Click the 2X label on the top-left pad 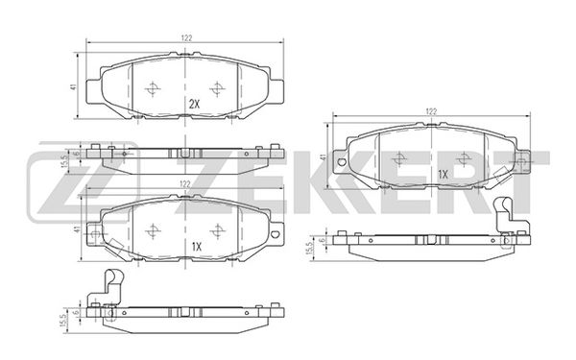194,105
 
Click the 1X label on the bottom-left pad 197,247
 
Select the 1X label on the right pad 444,175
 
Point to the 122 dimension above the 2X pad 186,38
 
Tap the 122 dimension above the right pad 431,111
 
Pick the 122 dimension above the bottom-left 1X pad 185,184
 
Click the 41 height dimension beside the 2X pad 74,87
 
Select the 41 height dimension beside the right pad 323,157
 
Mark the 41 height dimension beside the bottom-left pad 77,229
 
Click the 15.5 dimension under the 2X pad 66,161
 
